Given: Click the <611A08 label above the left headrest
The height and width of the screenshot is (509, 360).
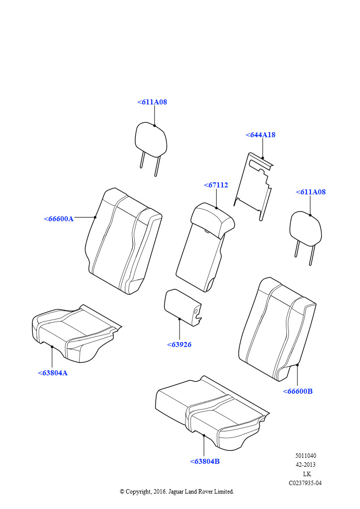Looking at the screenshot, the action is (x=152, y=102).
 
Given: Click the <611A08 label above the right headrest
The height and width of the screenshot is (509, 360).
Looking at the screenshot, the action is (x=310, y=192).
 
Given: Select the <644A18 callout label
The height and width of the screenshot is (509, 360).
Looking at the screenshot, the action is (x=261, y=135).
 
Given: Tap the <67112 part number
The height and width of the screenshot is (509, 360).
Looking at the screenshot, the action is (x=216, y=185).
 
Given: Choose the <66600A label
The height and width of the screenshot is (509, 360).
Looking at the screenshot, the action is (x=59, y=219).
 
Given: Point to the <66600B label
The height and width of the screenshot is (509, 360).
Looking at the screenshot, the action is (x=298, y=391).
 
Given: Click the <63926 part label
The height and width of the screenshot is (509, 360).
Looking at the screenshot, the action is (x=179, y=344).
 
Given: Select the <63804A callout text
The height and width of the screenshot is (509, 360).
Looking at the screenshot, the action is (x=53, y=373).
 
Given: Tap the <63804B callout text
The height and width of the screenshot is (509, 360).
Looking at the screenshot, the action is (x=204, y=461).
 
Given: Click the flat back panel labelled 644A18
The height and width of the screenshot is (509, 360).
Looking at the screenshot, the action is (x=254, y=186).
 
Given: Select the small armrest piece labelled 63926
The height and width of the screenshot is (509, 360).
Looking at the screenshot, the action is (x=183, y=307).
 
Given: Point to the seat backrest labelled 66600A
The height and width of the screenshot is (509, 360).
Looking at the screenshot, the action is (x=123, y=241).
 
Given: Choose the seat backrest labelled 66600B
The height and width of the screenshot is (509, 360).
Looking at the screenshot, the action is (x=277, y=329).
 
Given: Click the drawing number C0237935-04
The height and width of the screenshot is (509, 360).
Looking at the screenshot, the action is (x=305, y=483).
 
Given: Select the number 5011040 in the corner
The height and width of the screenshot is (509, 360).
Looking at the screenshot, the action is (x=305, y=456).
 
